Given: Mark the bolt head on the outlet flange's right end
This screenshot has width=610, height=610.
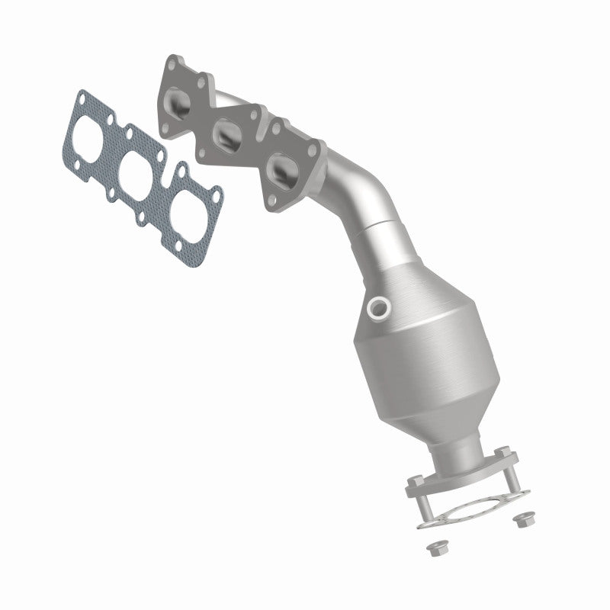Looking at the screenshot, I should pos(503,456).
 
